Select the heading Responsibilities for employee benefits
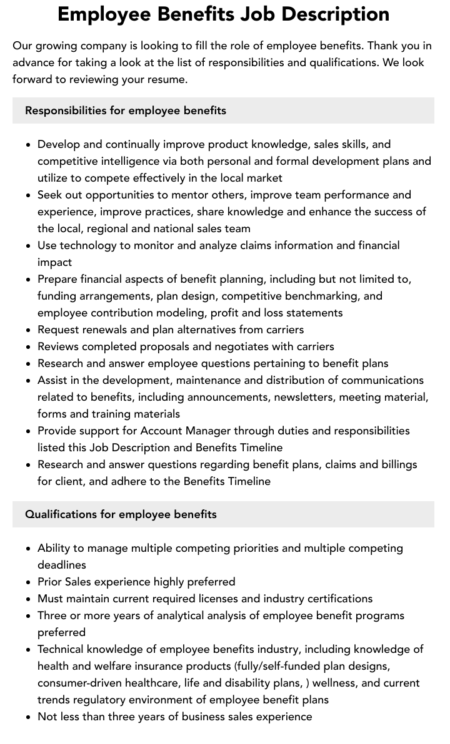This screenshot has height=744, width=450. (126, 110)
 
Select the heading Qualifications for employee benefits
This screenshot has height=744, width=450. (121, 514)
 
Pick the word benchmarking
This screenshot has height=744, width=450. (336, 296)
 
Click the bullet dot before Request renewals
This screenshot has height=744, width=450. (28, 330)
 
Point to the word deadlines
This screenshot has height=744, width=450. (62, 565)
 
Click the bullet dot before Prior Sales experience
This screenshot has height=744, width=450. (28, 582)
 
